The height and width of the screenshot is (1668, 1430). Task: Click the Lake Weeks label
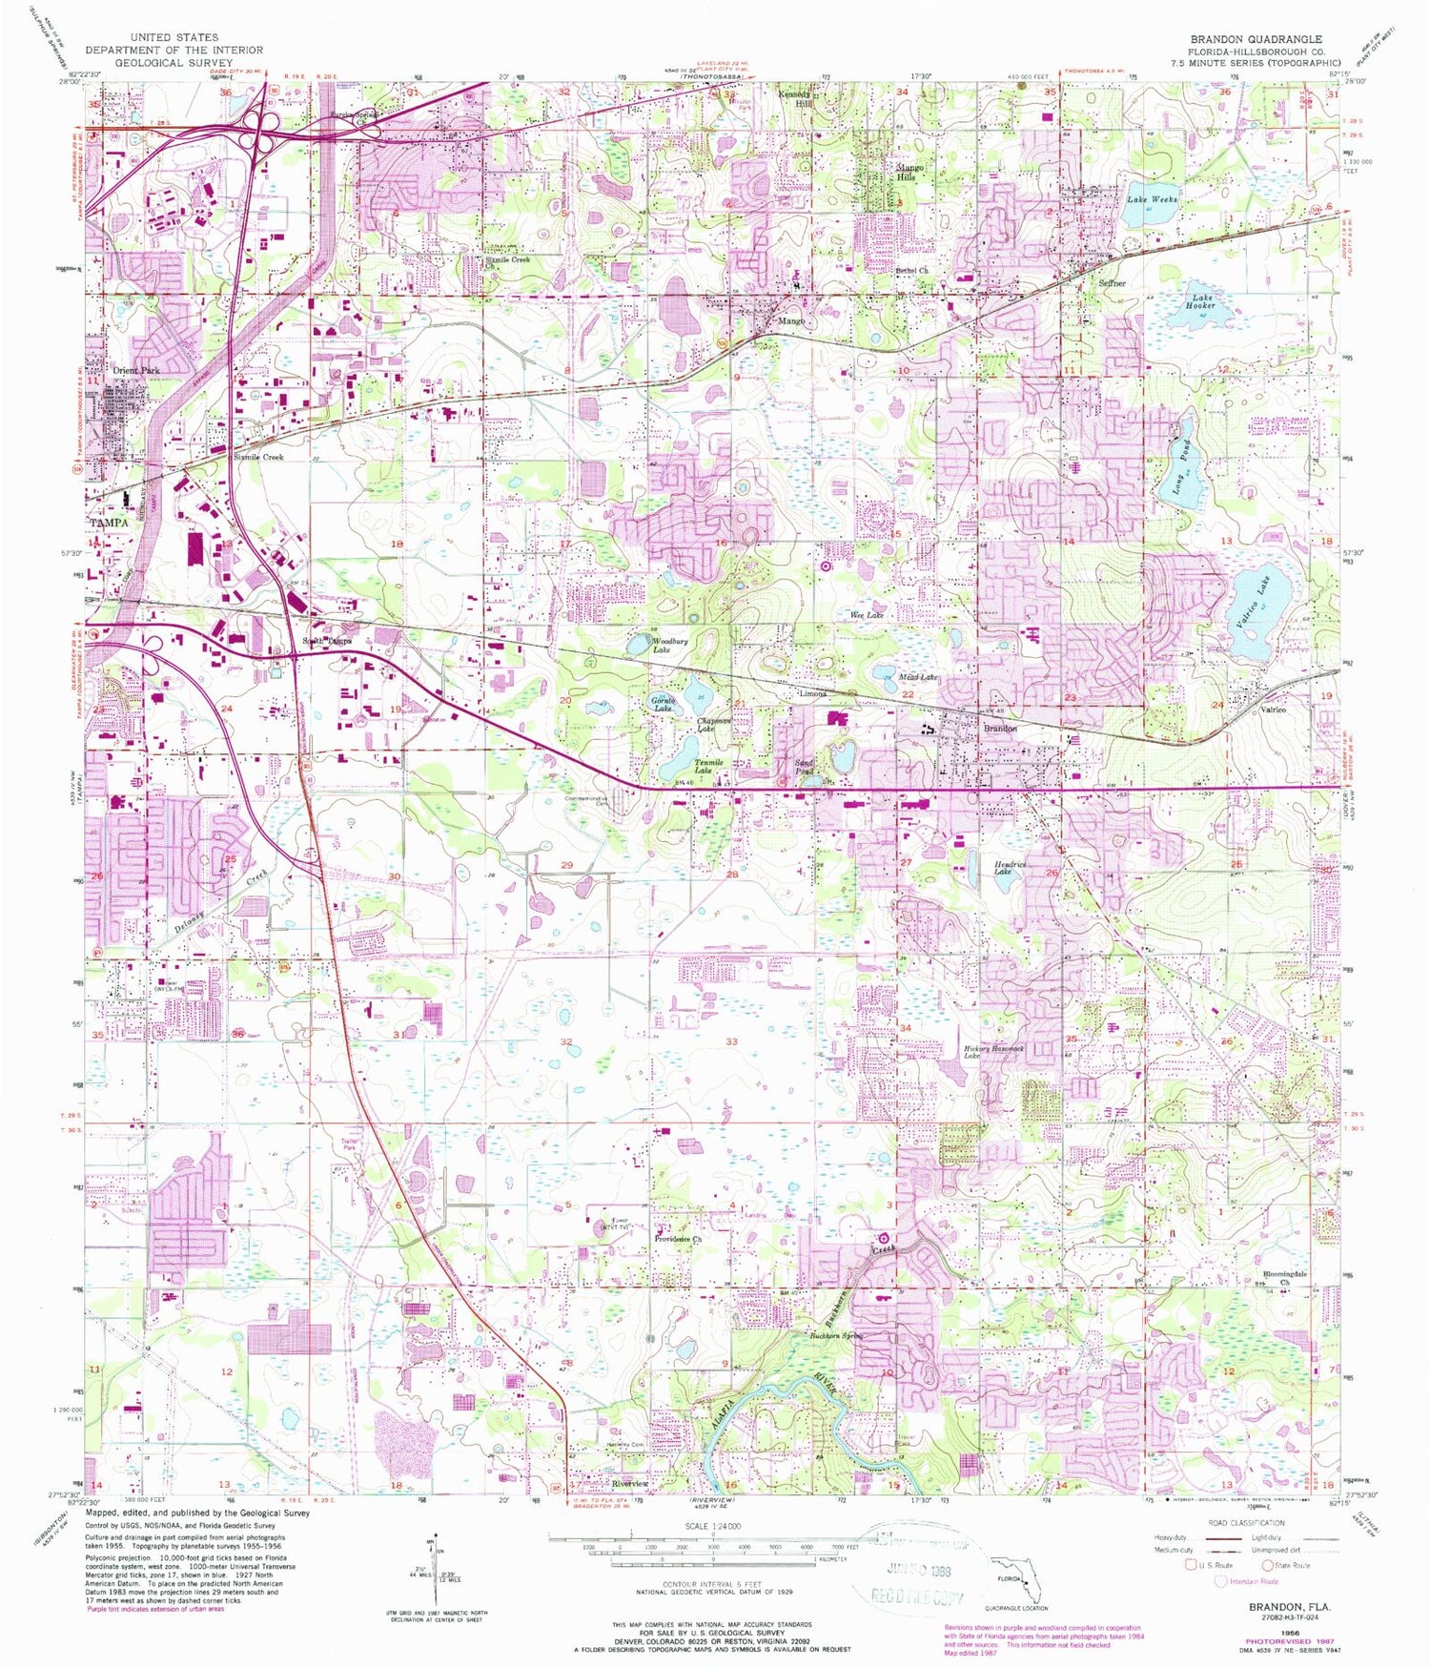coord(1153,199)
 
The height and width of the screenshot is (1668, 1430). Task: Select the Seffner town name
coord(1112,283)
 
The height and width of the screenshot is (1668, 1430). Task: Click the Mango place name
coord(791,321)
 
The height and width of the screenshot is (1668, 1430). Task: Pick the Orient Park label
coord(136,370)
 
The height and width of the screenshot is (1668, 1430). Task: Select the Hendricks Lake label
coord(1010,868)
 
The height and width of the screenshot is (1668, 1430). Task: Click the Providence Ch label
coord(679,1239)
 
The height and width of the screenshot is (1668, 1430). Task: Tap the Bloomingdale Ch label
coord(1285,1278)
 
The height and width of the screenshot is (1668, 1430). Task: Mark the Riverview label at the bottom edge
coord(629,1484)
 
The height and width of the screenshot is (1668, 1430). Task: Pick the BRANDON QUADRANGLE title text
coord(1256,39)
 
